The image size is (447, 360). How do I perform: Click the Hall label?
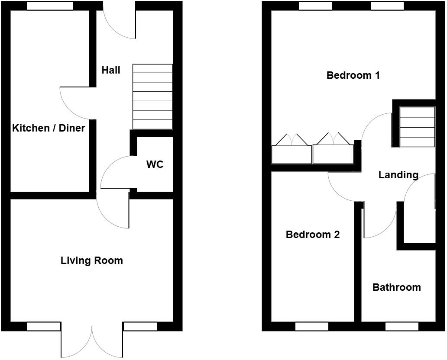point(111,70)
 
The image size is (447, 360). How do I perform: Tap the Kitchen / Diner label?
point(49,128)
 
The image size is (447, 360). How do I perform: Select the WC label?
point(155,164)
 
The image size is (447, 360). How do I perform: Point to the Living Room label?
point(91,260)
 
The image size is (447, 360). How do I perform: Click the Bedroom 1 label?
point(353,75)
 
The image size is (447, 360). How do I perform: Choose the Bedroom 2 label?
point(313,235)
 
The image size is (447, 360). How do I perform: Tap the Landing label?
point(398,175)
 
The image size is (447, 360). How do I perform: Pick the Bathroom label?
point(396,287)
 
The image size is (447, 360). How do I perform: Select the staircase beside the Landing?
point(417,127)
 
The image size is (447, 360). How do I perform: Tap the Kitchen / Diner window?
point(49,6)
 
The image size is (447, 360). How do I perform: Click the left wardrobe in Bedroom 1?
point(291,154)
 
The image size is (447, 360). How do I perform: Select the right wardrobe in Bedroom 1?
point(333,154)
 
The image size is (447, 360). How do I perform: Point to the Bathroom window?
point(402,327)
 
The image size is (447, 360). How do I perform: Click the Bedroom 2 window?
point(311,327)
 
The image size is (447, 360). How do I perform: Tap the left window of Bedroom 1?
point(315,6)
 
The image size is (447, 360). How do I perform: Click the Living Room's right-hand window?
point(140,327)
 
